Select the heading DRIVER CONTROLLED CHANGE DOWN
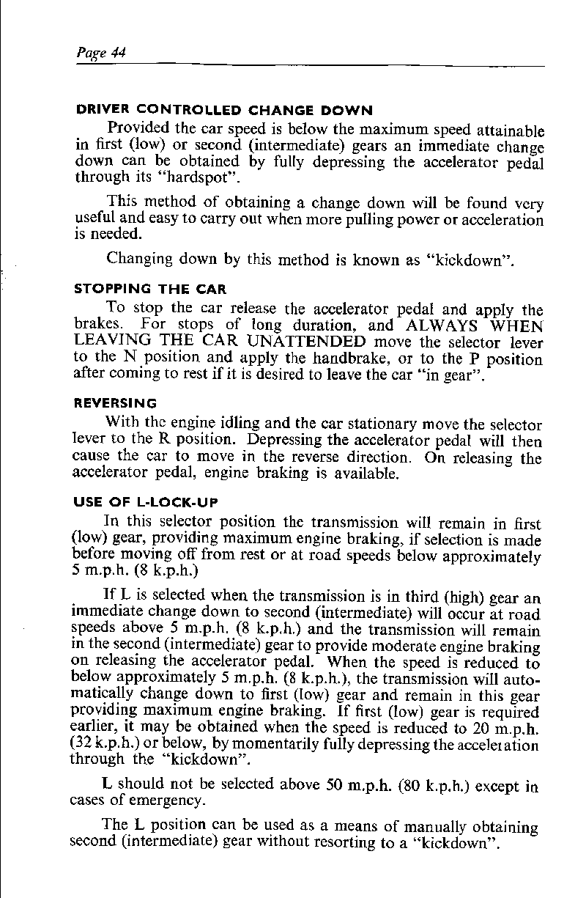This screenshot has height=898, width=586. coord(224,111)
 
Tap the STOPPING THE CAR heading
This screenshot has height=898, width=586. coord(151,289)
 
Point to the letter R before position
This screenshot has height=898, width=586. coord(165,441)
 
